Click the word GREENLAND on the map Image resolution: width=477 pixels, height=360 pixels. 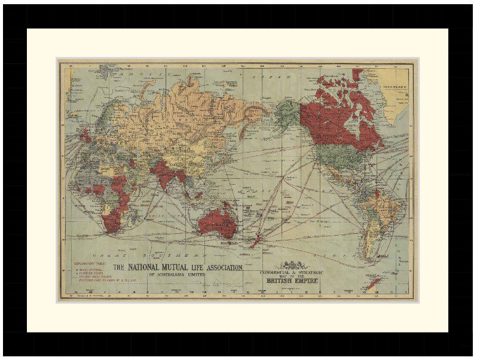coord(395,87)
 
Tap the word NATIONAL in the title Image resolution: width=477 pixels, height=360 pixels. coord(147,267)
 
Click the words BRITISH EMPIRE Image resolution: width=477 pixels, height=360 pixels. coord(292,280)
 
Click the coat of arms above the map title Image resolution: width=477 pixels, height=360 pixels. coord(291,263)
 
